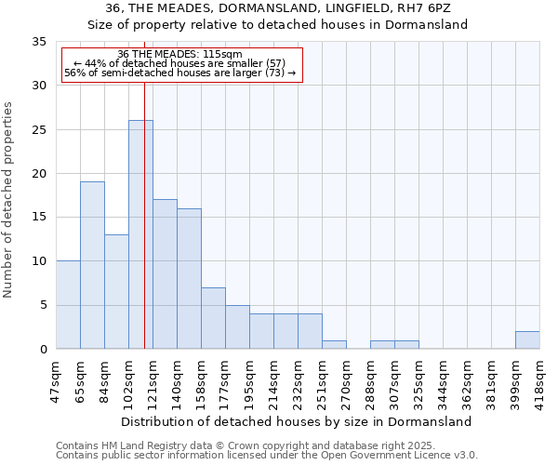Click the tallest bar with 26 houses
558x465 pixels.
(x=140, y=234)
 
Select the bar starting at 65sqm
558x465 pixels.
(x=92, y=265)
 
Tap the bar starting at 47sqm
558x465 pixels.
(x=68, y=304)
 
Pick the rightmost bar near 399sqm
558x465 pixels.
(x=527, y=340)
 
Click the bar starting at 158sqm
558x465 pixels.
(x=213, y=318)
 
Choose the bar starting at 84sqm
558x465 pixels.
(x=116, y=291)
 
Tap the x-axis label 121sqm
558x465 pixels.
(x=153, y=381)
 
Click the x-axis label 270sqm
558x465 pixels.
(x=347, y=381)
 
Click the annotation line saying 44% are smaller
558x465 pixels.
(x=181, y=63)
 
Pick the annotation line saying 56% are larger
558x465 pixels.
(x=181, y=73)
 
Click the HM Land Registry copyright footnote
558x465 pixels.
(x=230, y=446)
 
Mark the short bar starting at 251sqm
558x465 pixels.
(x=334, y=344)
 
